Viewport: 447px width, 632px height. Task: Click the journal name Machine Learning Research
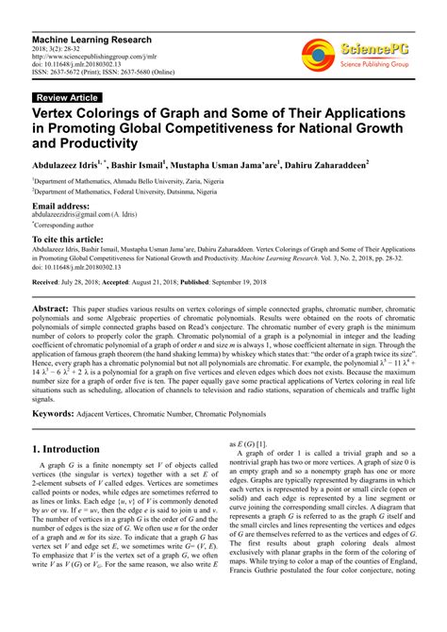[x=91, y=41]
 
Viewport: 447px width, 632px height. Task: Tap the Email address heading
[x=61, y=205]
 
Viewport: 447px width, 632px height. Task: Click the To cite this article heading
[x=71, y=241]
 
